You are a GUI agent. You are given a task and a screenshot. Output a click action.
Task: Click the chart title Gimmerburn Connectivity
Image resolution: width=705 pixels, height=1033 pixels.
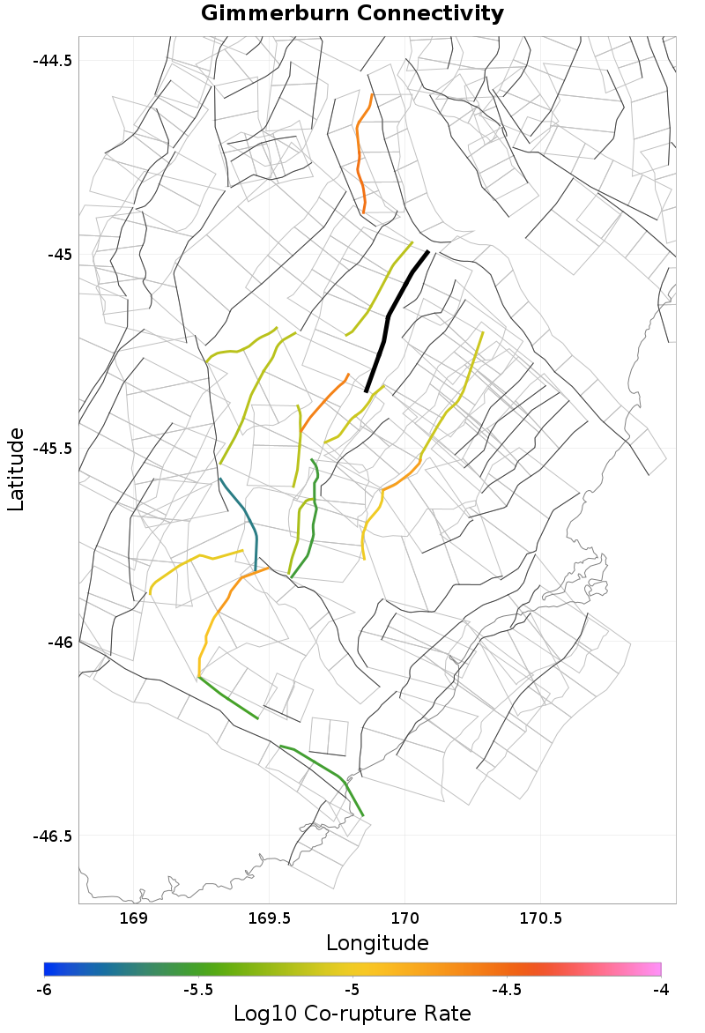(352, 14)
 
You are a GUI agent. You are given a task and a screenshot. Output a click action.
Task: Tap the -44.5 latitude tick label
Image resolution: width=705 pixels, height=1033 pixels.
(53, 61)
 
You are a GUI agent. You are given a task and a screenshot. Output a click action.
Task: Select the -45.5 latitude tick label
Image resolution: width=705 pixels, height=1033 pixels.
(53, 448)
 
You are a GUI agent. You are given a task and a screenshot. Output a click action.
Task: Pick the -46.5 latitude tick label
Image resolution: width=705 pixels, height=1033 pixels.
(53, 836)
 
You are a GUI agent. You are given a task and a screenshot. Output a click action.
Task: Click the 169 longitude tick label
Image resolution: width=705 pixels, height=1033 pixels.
(134, 919)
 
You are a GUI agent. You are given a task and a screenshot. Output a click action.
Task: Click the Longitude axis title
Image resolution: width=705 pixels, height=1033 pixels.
(377, 943)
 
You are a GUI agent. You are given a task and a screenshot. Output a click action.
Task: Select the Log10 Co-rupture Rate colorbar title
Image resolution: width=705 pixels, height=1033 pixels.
(352, 1014)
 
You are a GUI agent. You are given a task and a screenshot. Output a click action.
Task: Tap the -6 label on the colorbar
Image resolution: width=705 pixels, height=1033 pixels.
(44, 990)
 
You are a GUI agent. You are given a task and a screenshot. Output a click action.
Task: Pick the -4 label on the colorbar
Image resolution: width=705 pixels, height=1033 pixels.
(660, 990)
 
